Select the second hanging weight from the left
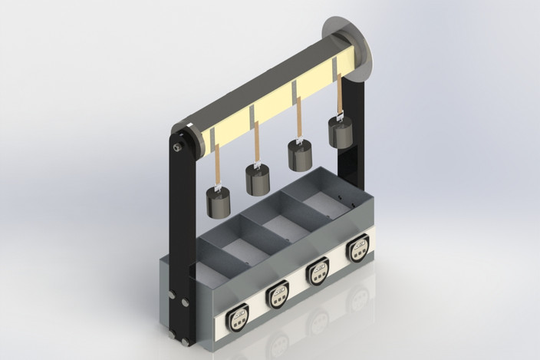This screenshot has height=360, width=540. (258, 180)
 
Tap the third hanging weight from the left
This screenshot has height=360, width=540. (300, 155)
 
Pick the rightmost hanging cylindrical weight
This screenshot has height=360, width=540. (340, 131)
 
